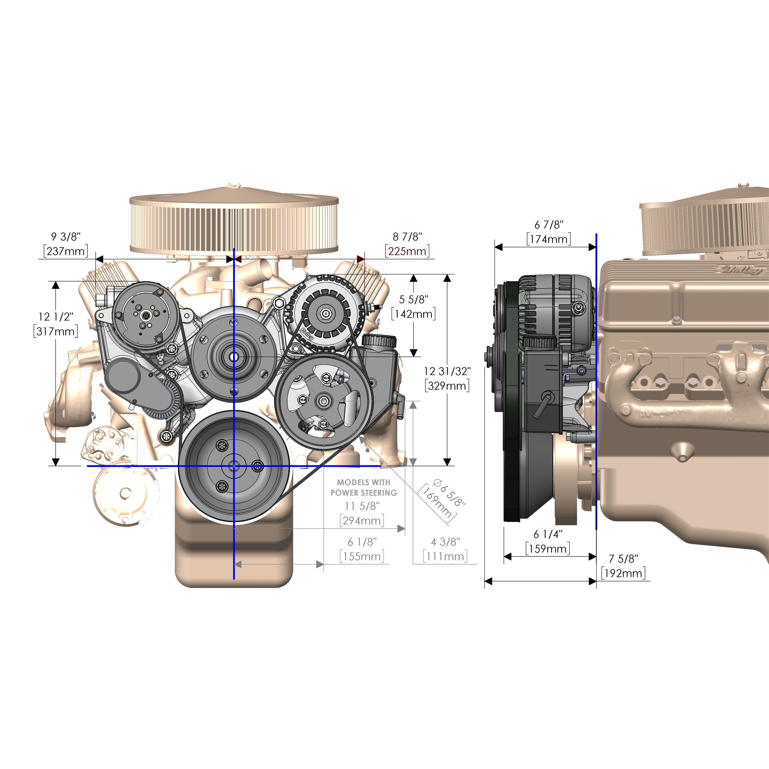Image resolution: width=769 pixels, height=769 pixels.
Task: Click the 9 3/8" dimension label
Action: click(x=66, y=237)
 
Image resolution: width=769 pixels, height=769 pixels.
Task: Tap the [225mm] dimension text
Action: click(x=407, y=251)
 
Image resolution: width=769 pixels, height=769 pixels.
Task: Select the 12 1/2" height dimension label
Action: click(x=56, y=317)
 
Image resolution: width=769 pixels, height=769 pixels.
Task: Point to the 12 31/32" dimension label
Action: click(x=447, y=371)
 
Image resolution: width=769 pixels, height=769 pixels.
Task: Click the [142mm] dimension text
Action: click(x=413, y=314)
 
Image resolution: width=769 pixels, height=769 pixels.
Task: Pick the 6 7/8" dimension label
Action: click(x=549, y=225)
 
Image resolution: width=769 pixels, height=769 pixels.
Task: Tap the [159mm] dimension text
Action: click(x=548, y=549)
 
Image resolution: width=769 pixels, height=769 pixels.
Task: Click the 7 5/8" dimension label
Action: click(x=623, y=558)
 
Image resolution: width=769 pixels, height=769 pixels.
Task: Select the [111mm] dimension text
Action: click(x=445, y=556)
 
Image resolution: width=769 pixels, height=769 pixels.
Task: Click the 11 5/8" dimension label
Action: click(x=362, y=506)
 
